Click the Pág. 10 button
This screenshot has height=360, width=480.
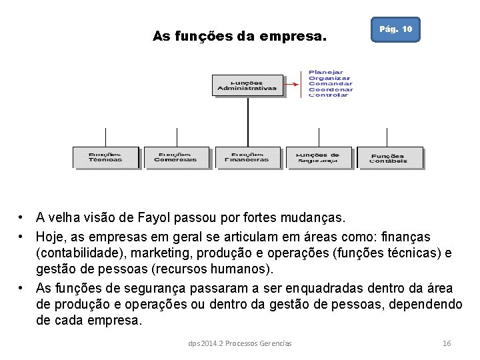pyautogui.click(x=395, y=30)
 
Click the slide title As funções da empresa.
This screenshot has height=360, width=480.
pyautogui.click(x=240, y=36)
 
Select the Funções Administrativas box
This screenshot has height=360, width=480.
pyautogui.click(x=247, y=85)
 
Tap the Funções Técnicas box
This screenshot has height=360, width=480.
pyautogui.click(x=106, y=157)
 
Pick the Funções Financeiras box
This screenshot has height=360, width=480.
pyautogui.click(x=247, y=157)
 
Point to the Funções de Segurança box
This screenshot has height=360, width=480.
pyautogui.click(x=319, y=157)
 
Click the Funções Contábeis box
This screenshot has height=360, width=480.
pyautogui.click(x=389, y=157)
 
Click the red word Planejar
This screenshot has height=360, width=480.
pyautogui.click(x=326, y=72)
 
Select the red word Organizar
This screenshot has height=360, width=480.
pyautogui.click(x=329, y=78)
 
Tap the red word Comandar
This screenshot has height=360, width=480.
pyautogui.click(x=330, y=83)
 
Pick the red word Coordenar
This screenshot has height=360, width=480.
pyautogui.click(x=331, y=89)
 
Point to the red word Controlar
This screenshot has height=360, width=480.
pyautogui.click(x=328, y=95)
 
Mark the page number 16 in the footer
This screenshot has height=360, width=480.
pyautogui.click(x=447, y=343)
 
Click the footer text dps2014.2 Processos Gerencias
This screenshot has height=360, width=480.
pyautogui.click(x=239, y=343)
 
